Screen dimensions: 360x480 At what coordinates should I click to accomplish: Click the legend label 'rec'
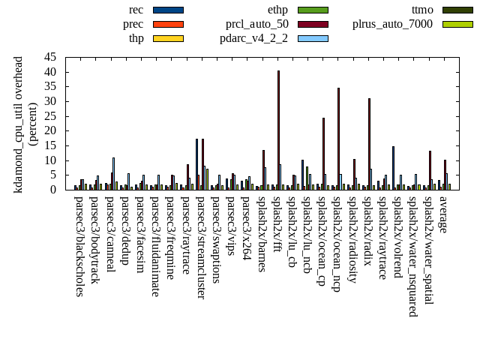136,10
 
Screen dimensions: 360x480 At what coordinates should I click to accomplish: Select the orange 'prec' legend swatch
168,24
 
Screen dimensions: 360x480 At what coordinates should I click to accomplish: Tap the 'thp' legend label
136,38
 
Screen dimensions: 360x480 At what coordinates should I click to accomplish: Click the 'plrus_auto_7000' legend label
392,24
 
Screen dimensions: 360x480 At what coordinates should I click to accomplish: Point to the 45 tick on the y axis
49,57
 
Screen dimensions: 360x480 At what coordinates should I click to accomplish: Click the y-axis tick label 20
49,130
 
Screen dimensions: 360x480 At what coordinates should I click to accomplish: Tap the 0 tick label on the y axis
52,190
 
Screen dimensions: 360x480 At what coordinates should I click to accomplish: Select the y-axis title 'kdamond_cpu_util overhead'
19,123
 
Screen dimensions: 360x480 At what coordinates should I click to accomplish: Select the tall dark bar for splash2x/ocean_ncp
338,139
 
